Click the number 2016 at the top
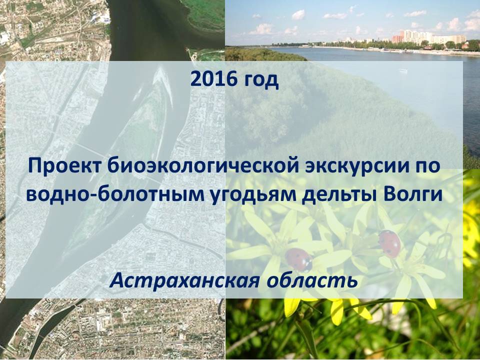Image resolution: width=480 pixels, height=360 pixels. (x=214, y=79)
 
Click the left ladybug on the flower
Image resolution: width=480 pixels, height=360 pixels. (x=298, y=259)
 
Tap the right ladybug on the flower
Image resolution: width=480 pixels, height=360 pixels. (x=389, y=243)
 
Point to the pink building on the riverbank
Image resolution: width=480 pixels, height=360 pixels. (x=397, y=39)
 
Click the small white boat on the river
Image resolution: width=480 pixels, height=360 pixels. (x=402, y=71)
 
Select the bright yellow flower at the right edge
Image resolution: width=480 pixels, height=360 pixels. (x=471, y=220)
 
